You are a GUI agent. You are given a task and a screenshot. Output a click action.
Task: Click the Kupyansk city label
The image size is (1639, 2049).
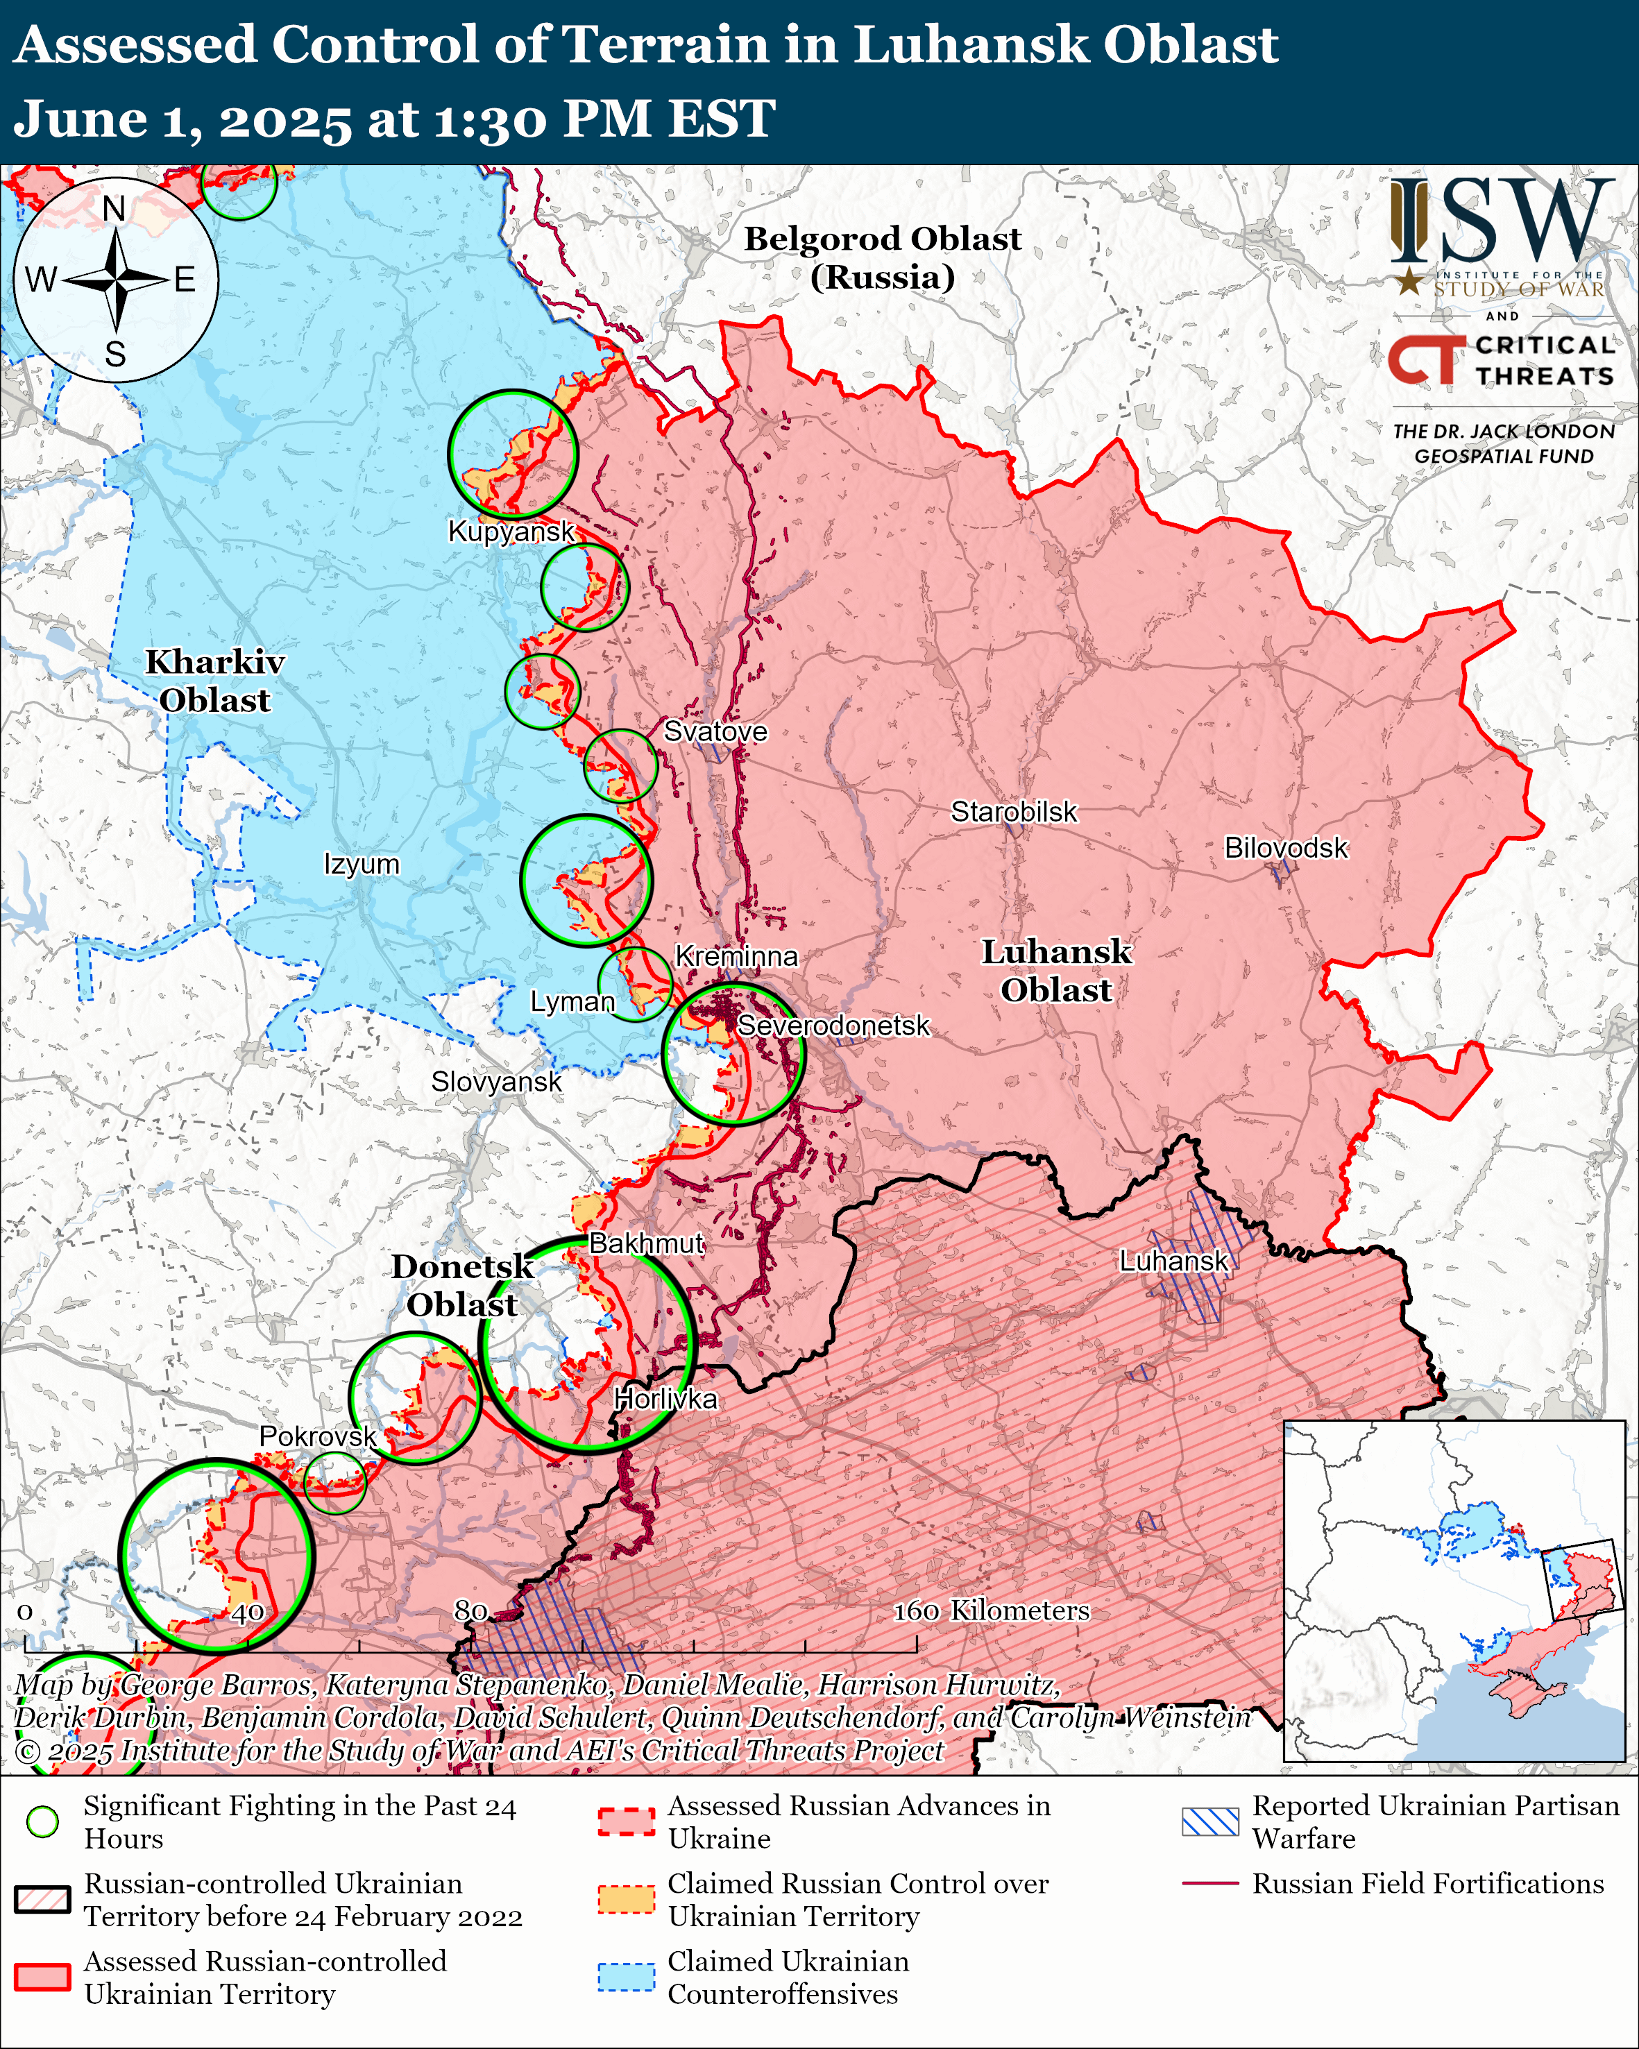coord(511,532)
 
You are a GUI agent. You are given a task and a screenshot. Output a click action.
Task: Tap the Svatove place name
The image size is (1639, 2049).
coord(715,732)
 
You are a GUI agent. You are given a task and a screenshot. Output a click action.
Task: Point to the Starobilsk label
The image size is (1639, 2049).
coord(1014,812)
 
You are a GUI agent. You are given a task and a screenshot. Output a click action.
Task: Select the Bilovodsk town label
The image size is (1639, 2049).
coord(1286,848)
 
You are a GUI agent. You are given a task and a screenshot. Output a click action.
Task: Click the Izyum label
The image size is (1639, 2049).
coord(361,864)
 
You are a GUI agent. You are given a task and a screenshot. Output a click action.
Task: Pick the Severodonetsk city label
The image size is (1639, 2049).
coord(833,1026)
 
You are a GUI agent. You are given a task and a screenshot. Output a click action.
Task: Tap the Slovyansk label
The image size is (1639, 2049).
coord(496,1082)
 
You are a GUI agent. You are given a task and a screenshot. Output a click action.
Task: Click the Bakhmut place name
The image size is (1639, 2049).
coord(646,1243)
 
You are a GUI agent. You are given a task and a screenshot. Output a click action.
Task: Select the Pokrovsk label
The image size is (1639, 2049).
coord(317,1436)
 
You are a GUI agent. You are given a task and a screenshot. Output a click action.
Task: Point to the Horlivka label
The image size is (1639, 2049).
coord(665,1399)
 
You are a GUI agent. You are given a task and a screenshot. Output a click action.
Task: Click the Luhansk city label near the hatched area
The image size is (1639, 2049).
coord(1173,1261)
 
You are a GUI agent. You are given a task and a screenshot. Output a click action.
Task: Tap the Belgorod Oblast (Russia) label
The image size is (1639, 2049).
coord(882,257)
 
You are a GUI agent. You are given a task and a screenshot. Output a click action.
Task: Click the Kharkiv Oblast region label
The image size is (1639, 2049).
coord(214,681)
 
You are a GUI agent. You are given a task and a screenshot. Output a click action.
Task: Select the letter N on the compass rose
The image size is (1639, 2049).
coord(114,208)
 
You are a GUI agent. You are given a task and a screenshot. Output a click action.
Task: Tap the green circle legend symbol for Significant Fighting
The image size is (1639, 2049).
coord(43,1822)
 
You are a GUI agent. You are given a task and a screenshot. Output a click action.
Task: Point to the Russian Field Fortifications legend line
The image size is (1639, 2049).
coord(1209,1882)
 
